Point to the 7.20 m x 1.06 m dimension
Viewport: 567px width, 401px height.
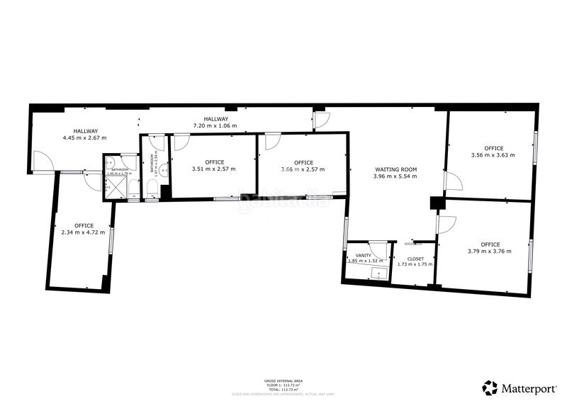215,125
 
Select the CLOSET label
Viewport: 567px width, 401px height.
415,259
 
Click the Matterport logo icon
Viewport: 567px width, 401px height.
490,388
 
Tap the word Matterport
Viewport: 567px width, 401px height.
527,388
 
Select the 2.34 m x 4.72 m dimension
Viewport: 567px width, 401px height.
83,232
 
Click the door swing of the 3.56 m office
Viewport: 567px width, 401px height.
454,182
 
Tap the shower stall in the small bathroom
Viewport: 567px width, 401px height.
113,186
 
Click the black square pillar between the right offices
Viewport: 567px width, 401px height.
436,203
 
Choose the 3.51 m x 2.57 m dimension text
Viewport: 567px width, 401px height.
214,169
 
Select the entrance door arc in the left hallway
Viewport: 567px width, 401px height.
44,161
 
